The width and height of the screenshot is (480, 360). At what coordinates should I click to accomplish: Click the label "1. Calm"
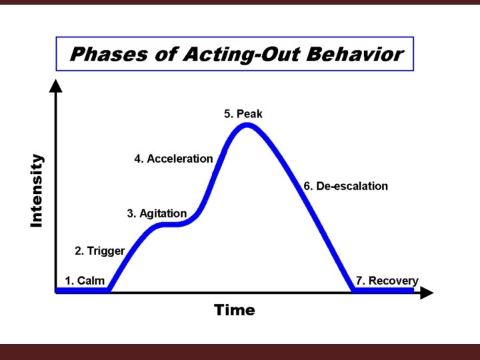pyautogui.click(x=85, y=281)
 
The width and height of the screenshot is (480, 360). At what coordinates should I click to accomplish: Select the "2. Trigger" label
pyautogui.click(x=99, y=251)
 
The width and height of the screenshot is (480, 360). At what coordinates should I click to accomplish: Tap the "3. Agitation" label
pyautogui.click(x=157, y=214)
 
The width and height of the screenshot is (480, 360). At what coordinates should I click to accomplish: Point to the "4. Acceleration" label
pyautogui.click(x=173, y=159)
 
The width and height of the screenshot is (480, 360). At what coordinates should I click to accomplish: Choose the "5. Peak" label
pyautogui.click(x=243, y=114)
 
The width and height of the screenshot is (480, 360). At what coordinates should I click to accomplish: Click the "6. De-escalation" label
pyautogui.click(x=345, y=186)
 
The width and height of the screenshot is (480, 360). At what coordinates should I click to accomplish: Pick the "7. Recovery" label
pyautogui.click(x=387, y=281)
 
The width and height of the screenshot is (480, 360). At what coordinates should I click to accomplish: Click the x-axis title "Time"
pyautogui.click(x=234, y=310)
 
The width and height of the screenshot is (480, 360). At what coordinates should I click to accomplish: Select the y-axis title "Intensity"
pyautogui.click(x=37, y=191)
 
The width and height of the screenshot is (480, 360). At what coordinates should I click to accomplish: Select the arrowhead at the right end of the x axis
pyautogui.click(x=427, y=292)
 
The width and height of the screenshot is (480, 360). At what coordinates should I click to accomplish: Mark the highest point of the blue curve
pyautogui.click(x=247, y=125)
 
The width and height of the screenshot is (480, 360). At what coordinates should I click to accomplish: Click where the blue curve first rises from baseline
pyautogui.click(x=109, y=290)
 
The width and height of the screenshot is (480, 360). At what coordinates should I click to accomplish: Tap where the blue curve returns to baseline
pyautogui.click(x=353, y=290)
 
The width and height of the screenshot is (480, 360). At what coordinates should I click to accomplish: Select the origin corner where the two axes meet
pyautogui.click(x=57, y=292)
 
